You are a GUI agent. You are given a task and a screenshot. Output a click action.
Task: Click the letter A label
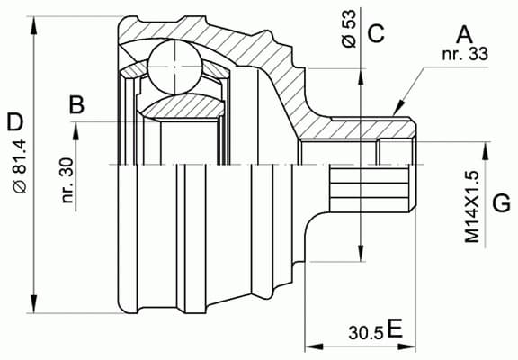(x=464, y=35)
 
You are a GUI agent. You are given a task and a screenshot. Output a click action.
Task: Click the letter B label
(x=77, y=105)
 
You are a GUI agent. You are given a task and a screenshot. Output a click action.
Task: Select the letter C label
(x=376, y=35)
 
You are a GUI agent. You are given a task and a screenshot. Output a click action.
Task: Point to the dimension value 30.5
(x=365, y=331)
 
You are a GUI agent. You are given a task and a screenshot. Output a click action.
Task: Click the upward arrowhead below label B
(x=77, y=128)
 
